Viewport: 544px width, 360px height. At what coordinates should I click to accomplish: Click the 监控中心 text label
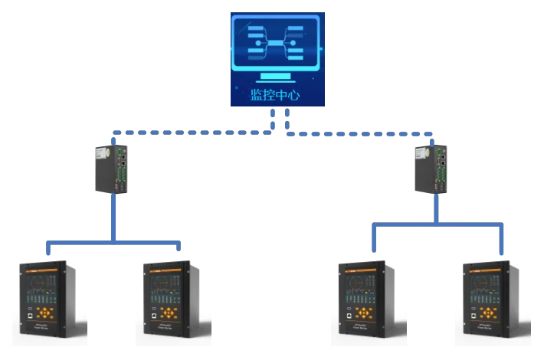pos(275,96)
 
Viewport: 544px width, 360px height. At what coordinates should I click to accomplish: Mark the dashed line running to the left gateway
pos(192,133)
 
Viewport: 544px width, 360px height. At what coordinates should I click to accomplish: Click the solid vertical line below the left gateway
pos(113,218)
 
